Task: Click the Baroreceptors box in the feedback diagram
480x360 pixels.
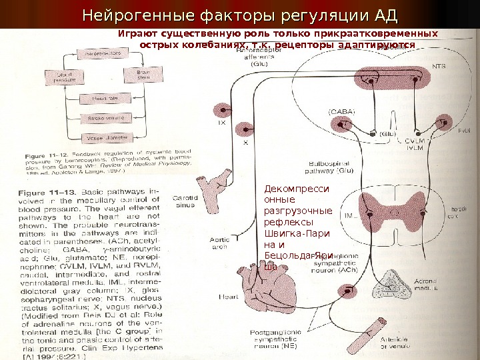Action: pos(101,51)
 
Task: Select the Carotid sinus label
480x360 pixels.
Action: pos(183,202)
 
